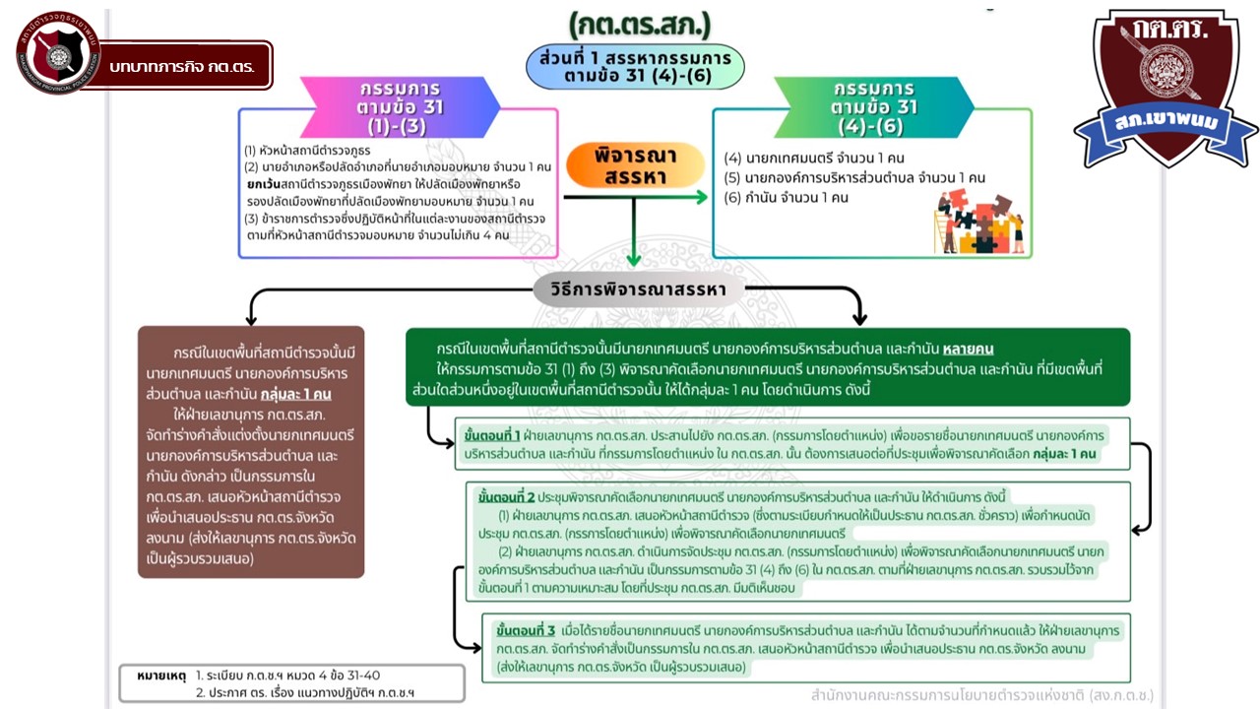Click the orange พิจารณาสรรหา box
coord(636,166)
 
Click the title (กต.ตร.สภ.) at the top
coord(639,22)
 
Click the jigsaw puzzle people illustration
coord(978,224)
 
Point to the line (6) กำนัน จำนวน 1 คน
coord(799,198)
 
